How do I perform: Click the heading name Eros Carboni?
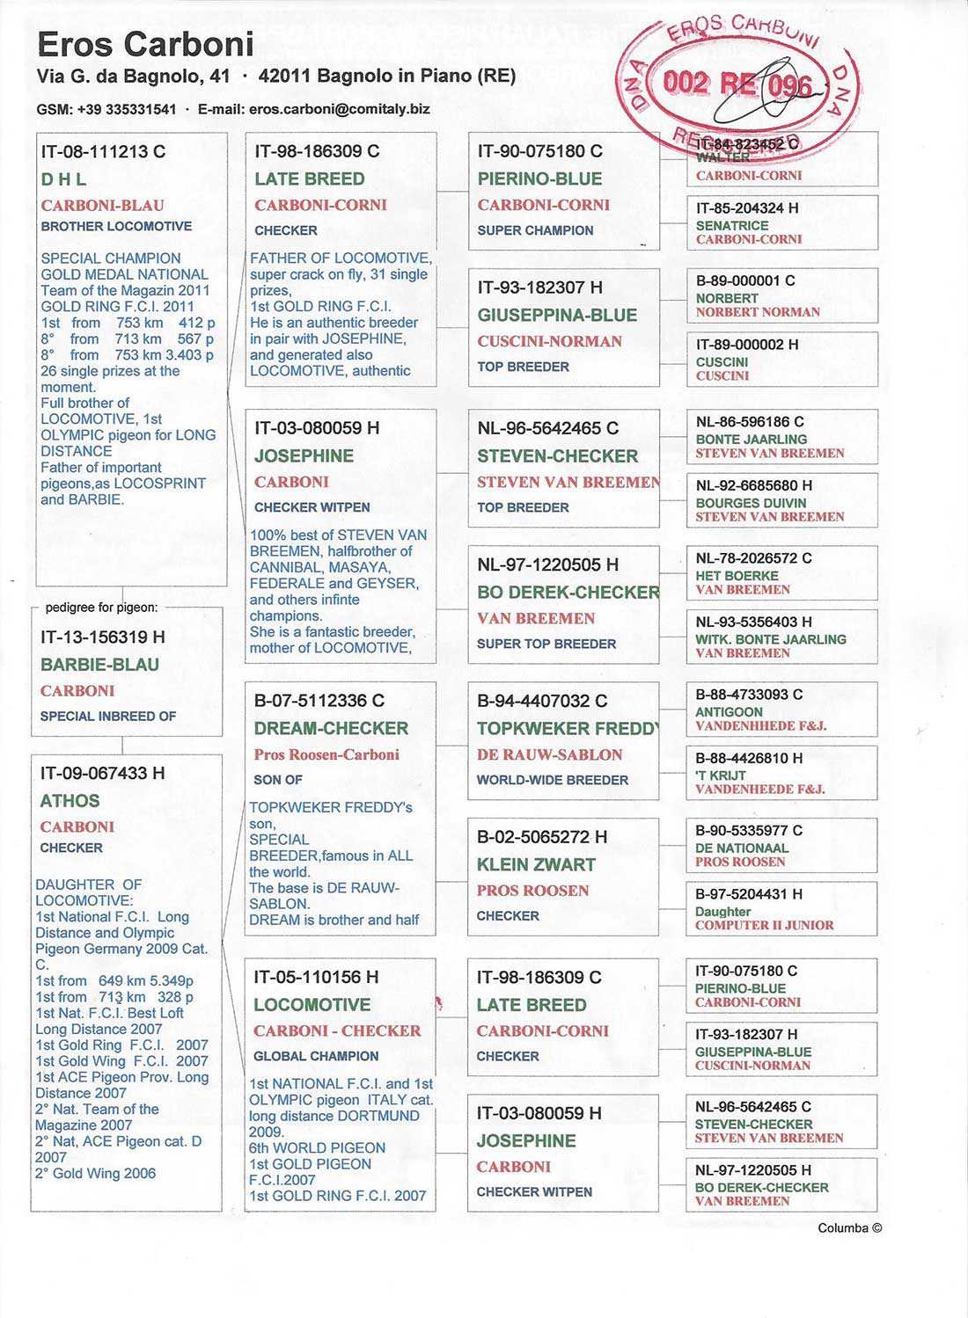pos(145,44)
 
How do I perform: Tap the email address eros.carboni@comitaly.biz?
pos(339,109)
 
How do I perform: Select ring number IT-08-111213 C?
pos(103,151)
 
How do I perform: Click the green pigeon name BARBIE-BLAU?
pos(99,665)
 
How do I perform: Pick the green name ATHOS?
pos(70,801)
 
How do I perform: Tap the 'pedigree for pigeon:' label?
pos(101,608)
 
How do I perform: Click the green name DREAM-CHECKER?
pos(331,728)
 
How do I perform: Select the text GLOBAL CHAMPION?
pos(316,1056)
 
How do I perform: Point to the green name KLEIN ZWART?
pos(536,864)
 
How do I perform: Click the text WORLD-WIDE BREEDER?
pos(552,780)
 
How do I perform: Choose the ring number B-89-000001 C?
pos(744,280)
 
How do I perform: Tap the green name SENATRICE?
pos(732,225)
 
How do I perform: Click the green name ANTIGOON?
pos(729,712)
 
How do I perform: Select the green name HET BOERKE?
pos(737,576)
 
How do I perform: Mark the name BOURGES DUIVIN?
pos(751,503)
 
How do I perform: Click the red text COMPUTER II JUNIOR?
pos(764,925)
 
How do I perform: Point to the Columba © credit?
pos(849,1228)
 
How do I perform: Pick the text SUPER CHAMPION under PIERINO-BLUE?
pos(535,230)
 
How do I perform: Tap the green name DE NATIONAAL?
pos(741,848)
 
